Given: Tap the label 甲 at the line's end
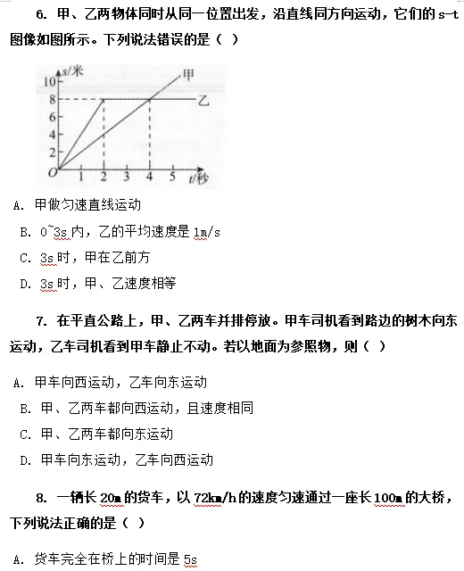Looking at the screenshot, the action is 188,75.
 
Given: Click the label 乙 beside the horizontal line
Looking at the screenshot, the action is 204,99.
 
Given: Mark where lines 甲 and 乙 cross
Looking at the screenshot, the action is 148,99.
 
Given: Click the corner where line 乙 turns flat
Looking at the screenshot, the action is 104,99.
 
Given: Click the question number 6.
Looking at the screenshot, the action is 41,14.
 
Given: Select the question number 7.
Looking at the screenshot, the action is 41,320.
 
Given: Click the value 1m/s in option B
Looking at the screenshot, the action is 205,233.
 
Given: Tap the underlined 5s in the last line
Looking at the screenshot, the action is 189,560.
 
